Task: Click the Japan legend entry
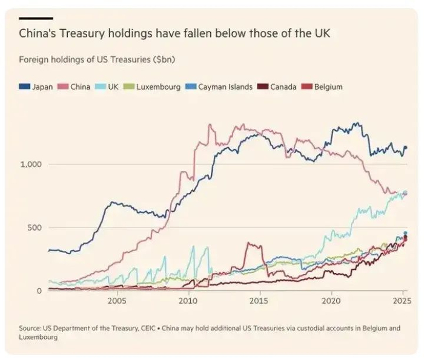pyautogui.click(x=38, y=87)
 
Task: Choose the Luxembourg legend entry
pyautogui.click(x=153, y=87)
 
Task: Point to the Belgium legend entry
pyautogui.click(x=323, y=87)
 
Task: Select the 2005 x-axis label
pyautogui.click(x=117, y=301)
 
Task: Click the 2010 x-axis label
pyautogui.click(x=188, y=301)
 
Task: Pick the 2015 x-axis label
pyautogui.click(x=260, y=301)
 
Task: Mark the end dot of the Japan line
pyautogui.click(x=405, y=147)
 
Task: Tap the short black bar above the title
pyautogui.click(x=36, y=19)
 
